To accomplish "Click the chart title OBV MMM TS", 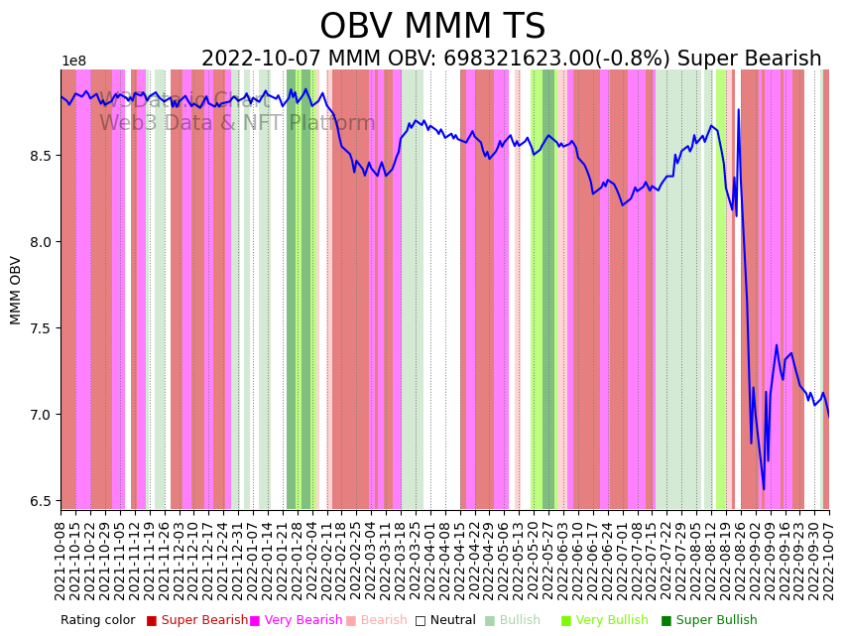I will point(432,27).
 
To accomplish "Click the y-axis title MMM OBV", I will point(16,290).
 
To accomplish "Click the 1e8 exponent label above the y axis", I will point(73,62).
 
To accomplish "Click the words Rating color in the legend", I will point(97,621).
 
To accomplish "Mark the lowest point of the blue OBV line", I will point(764,489).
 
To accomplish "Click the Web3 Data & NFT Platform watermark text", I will point(237,123).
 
